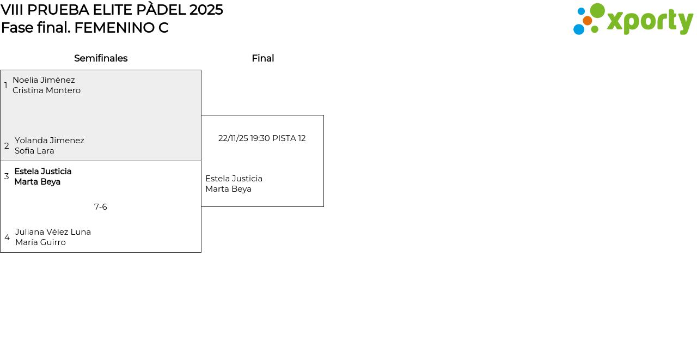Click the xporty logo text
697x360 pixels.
650,21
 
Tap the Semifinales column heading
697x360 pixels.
101,58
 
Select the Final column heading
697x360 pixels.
263,58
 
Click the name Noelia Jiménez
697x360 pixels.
44,80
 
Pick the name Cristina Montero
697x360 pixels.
46,90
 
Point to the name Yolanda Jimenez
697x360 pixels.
50,141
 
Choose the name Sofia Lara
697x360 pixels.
34,151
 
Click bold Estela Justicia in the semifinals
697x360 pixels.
43,172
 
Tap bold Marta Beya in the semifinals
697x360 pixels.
38,182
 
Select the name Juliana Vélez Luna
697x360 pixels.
53,232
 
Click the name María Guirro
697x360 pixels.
40,242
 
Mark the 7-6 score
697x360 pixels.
101,207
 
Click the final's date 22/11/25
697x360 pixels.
233,138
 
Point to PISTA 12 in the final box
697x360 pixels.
289,138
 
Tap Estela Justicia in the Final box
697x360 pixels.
234,179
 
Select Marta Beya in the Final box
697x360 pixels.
228,189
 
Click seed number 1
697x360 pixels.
5,86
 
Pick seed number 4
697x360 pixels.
7,237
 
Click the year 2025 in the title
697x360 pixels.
206,10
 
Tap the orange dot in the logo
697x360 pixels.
587,21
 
